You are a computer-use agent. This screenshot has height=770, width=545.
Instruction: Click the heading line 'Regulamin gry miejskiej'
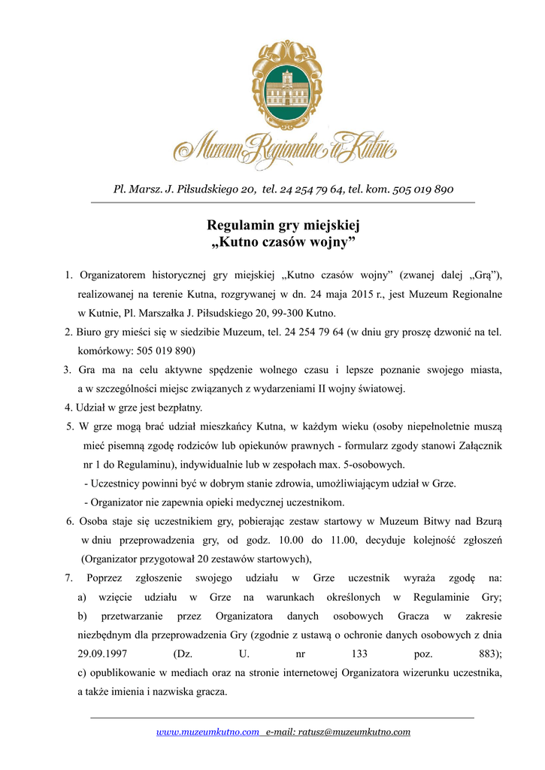(x=283, y=225)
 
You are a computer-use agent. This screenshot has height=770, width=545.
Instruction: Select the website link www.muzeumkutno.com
(x=207, y=732)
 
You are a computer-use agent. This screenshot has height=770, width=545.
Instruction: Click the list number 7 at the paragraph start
(x=68, y=577)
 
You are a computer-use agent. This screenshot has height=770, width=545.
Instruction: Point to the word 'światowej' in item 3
(x=382, y=389)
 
